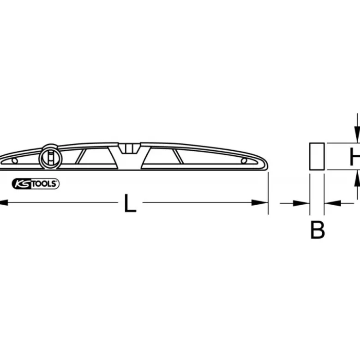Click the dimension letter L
point(130,203)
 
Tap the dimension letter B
point(317,230)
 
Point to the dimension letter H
point(355,157)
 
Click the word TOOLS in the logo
point(44,184)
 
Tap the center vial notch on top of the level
point(130,148)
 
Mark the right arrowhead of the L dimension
point(260,203)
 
